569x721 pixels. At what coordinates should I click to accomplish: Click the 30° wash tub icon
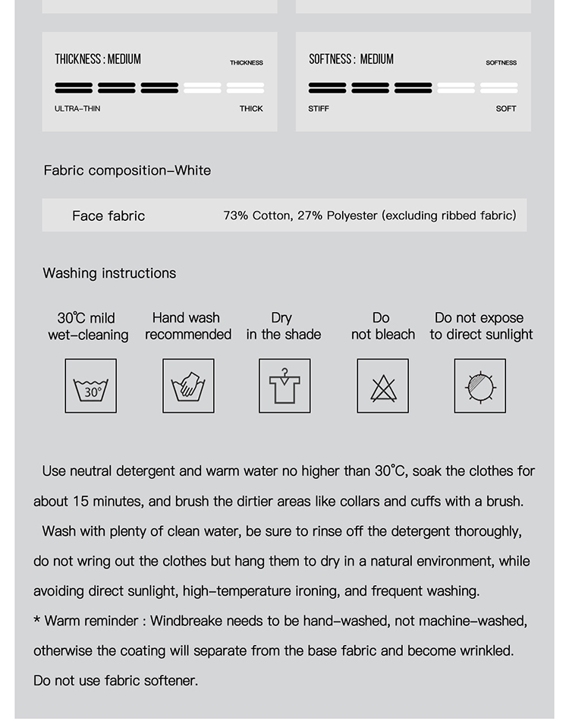click(91, 386)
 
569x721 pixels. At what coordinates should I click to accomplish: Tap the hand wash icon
click(188, 386)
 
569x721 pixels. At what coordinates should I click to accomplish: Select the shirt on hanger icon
click(284, 386)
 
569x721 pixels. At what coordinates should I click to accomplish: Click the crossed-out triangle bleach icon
click(383, 387)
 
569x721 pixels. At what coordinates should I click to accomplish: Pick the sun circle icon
click(479, 386)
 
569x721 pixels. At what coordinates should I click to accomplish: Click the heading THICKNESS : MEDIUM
click(98, 59)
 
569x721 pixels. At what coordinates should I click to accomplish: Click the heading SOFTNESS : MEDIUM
click(351, 59)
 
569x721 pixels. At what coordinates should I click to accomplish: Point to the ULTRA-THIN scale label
click(77, 109)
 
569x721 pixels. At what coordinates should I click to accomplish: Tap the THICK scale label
click(251, 109)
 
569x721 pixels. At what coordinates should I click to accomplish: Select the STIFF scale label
click(319, 109)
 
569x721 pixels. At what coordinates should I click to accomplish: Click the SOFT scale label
click(506, 109)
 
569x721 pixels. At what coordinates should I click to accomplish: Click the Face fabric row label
click(108, 216)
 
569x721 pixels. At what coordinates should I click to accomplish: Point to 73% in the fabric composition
click(236, 216)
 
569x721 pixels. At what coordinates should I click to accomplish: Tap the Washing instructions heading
click(109, 273)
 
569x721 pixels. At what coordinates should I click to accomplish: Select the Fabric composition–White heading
click(127, 170)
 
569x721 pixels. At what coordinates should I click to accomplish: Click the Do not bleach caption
click(382, 326)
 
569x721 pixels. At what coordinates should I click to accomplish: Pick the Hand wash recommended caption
click(187, 326)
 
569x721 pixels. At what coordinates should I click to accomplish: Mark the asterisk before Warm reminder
click(37, 622)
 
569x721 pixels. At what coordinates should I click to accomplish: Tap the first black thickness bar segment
click(74, 88)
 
